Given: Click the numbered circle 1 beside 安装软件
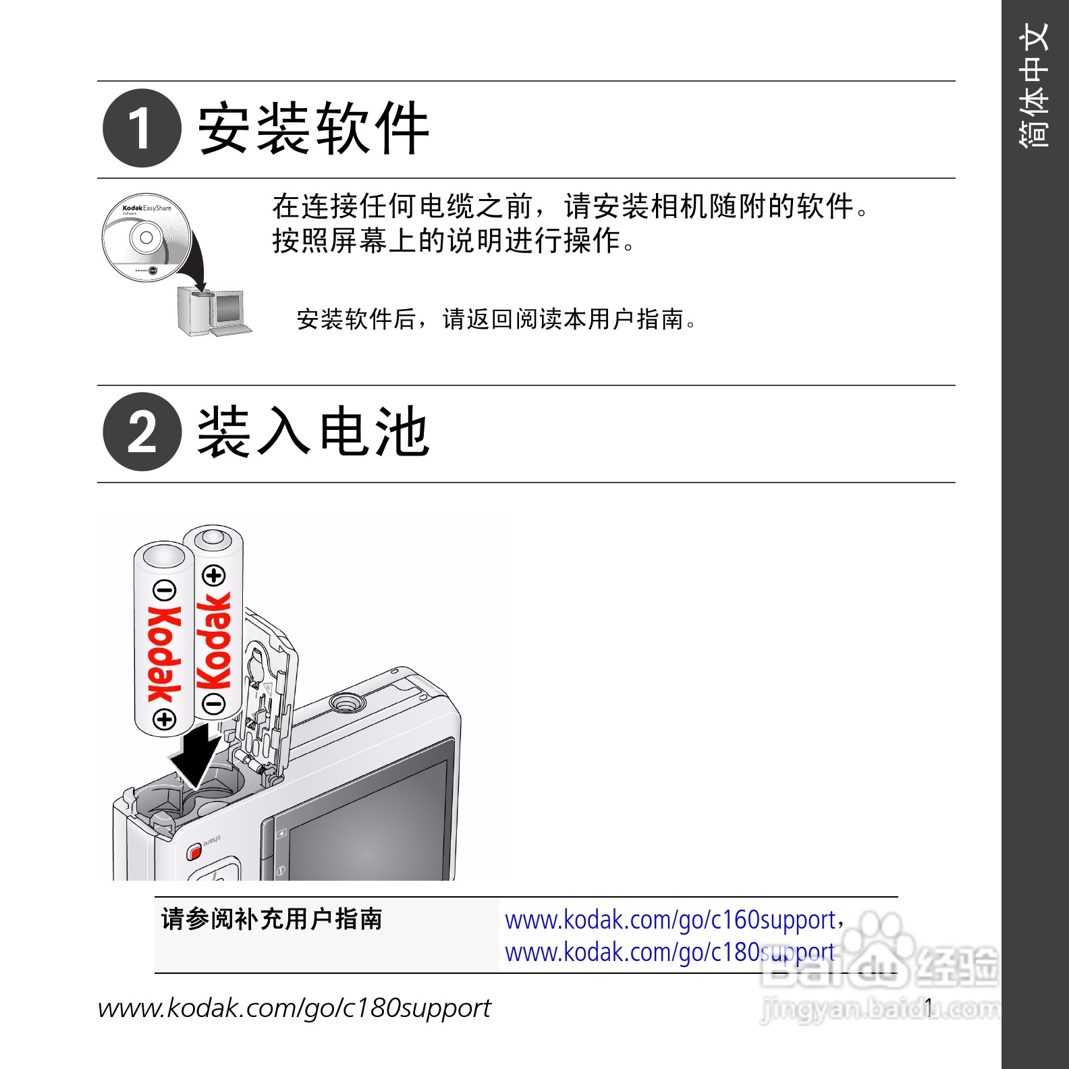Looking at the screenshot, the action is click(142, 128).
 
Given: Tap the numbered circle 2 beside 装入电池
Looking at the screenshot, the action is click(142, 432).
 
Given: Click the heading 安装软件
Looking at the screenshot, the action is click(314, 128).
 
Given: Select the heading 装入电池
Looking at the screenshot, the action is click(314, 432).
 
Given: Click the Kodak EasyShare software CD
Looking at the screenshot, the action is click(144, 237).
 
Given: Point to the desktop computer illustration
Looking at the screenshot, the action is click(215, 311).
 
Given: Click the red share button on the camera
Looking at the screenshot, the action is click(194, 852).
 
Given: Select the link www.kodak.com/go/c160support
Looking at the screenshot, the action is click(670, 920).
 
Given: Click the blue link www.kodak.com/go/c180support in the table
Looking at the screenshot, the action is click(670, 952).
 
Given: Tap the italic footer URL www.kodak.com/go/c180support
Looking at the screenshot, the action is click(294, 1008).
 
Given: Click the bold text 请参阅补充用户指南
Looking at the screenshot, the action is click(272, 919).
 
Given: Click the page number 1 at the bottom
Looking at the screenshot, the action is click(929, 1008).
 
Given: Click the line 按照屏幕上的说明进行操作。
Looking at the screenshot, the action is click(454, 240).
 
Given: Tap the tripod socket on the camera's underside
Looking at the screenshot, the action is click(347, 703).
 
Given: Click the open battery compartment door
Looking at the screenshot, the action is click(267, 695).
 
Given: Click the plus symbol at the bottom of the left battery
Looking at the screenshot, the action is click(165, 719).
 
